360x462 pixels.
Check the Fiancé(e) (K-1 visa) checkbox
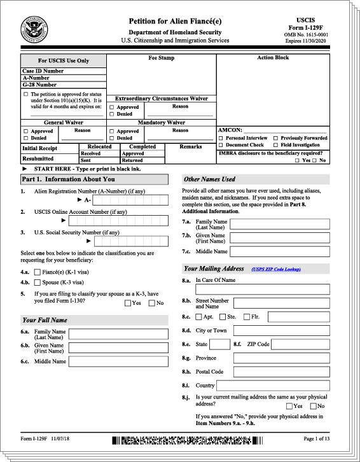(37, 272)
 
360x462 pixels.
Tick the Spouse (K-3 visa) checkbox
(37, 282)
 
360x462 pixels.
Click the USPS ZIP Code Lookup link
(276, 270)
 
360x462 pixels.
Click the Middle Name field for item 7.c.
(279, 252)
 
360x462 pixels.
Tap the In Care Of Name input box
(263, 289)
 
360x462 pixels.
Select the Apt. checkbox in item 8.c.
(199, 316)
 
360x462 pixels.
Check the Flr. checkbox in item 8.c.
(246, 316)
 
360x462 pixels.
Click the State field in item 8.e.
(219, 344)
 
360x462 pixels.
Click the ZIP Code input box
(301, 344)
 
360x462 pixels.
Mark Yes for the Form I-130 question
(128, 304)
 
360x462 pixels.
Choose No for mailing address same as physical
(312, 406)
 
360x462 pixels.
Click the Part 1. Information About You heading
(68, 179)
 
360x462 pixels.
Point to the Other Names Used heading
(210, 179)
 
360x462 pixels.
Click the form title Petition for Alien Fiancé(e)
(175, 21)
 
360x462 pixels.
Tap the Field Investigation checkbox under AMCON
(275, 145)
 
